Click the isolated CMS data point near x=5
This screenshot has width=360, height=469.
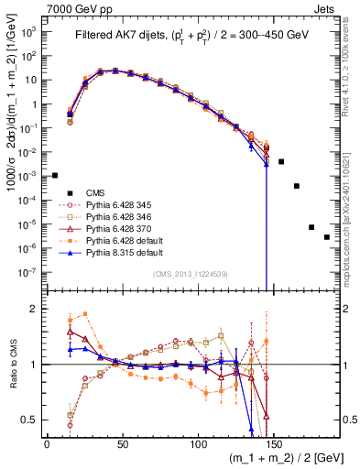(x=55, y=175)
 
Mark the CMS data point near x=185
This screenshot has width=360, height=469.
(x=327, y=237)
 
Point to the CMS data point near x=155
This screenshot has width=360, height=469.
(x=281, y=161)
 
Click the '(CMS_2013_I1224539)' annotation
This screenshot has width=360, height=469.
(x=191, y=274)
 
